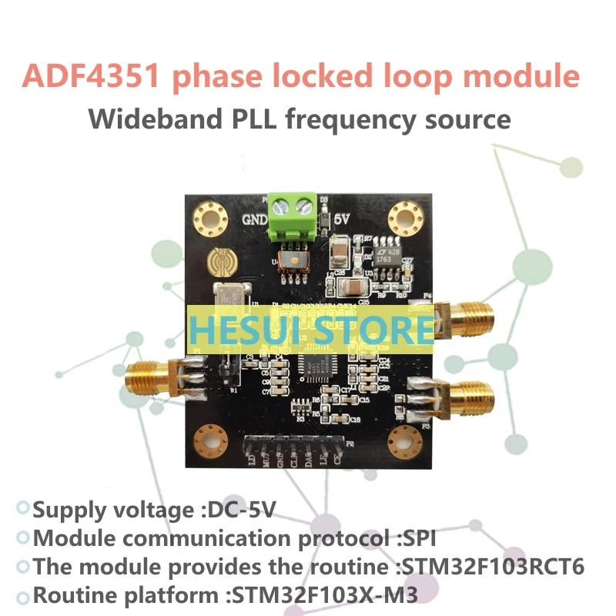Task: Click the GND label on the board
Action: point(255,219)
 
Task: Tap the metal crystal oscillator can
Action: point(229,296)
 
